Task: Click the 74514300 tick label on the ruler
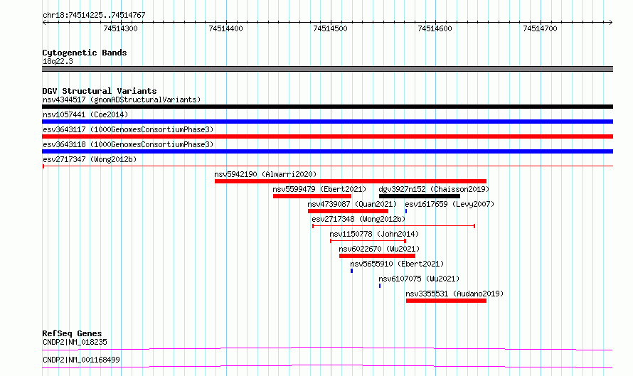tap(120, 28)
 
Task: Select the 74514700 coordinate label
tap(540, 28)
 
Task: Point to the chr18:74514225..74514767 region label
tap(94, 16)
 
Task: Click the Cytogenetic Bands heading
tap(85, 53)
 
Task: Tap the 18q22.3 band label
tap(58, 61)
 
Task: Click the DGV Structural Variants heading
tap(100, 91)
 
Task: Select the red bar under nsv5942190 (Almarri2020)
tap(351, 181)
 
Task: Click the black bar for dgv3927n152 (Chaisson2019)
tap(420, 196)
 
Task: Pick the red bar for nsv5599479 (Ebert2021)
tap(312, 196)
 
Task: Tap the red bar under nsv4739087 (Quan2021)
tap(348, 211)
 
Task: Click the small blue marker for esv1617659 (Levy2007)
tap(406, 211)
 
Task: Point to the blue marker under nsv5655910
tap(351, 271)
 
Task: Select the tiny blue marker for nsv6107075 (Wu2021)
tap(380, 286)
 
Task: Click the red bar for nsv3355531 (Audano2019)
tap(446, 301)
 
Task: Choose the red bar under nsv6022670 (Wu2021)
tap(377, 256)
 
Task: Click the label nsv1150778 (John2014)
tap(374, 234)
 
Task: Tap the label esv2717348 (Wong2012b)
tap(358, 219)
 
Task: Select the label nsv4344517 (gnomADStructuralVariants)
tap(122, 100)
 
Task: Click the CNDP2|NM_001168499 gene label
tap(81, 360)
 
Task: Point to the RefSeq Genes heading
tap(72, 333)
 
